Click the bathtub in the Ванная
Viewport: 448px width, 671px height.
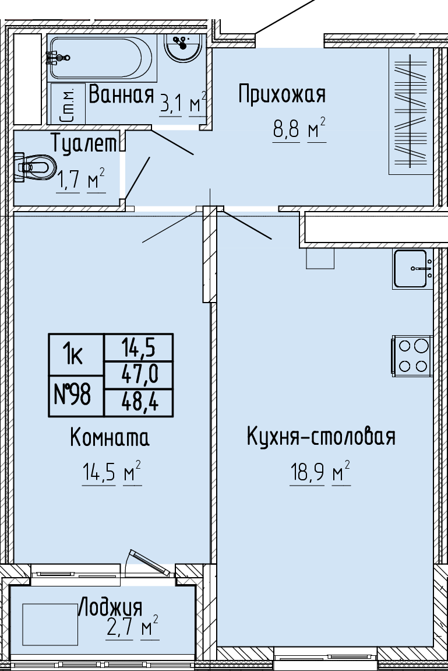[100, 58]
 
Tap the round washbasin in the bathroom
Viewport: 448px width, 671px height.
[184, 48]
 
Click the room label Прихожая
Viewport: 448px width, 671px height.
[282, 94]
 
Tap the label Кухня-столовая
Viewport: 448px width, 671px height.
[321, 437]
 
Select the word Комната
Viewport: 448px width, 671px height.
[110, 437]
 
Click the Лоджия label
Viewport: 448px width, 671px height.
[111, 607]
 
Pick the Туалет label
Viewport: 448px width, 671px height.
[84, 142]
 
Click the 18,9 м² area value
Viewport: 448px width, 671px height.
[320, 472]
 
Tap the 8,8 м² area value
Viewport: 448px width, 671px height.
[299, 129]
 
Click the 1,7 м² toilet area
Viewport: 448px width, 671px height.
[80, 180]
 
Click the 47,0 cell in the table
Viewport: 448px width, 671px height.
[139, 375]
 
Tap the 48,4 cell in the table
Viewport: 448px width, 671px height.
[139, 403]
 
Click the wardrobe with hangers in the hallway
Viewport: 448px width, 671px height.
[411, 111]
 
